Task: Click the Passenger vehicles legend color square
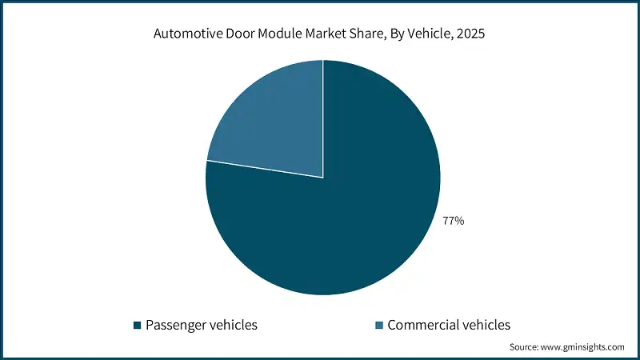click(x=138, y=325)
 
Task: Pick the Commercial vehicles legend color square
click(x=379, y=325)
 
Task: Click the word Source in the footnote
click(x=526, y=347)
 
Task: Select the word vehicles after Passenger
click(x=233, y=325)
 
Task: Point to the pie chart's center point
click(x=323, y=178)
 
